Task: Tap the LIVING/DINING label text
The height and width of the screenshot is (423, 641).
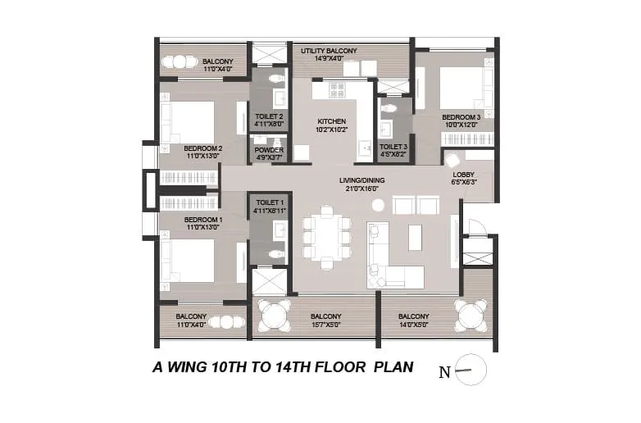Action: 362,180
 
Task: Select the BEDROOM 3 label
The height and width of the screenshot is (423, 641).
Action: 460,118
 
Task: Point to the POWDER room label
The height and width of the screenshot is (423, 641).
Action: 268,150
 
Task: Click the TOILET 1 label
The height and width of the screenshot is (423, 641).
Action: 268,202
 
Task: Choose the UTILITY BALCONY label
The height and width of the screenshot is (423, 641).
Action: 329,52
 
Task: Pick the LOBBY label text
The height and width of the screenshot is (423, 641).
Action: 463,175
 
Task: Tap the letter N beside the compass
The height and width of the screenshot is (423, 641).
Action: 444,372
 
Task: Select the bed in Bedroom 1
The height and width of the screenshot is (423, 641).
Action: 191,260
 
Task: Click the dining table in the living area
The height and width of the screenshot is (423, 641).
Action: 327,237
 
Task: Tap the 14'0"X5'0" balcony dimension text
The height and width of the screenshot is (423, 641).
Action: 413,325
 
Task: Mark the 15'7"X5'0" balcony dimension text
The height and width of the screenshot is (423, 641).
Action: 326,325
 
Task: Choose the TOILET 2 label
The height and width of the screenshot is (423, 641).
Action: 268,116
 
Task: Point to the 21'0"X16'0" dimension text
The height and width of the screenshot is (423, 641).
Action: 362,189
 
